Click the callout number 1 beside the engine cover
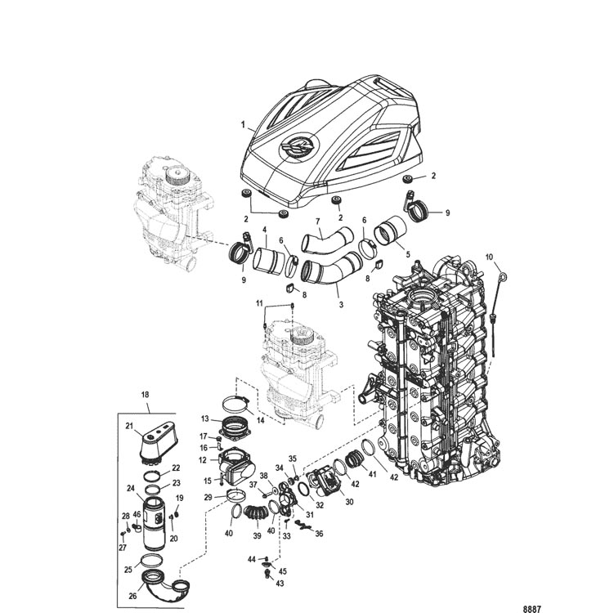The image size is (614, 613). pos(243,125)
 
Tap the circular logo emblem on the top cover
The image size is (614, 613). pos(299,146)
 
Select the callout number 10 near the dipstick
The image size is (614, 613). pos(489,257)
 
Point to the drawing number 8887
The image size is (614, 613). pos(531,609)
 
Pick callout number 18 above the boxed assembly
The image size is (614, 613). pos(145,395)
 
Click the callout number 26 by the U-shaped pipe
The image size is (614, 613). pos(132,596)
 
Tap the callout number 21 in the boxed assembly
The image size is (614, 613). pos(130,426)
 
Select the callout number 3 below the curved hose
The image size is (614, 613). pos(341,304)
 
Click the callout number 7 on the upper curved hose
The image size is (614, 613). pos(318,222)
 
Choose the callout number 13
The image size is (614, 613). pos(205,418)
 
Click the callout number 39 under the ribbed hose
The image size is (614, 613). pos(257,536)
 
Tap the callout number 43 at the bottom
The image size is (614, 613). pos(280,584)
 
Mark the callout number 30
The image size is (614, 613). pos(349,501)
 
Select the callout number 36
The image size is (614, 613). pos(319,534)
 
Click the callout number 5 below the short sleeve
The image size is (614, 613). pos(408,254)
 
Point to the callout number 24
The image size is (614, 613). pos(131,488)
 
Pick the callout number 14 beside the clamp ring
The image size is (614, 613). pos(260,420)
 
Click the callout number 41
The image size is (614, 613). pos(372,474)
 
